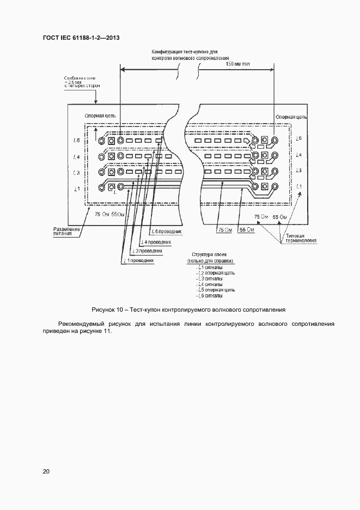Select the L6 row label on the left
(x=77, y=141)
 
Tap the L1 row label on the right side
(x=298, y=186)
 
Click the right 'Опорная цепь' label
(x=291, y=117)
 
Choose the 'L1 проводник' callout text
(x=139, y=260)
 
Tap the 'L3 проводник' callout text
(x=147, y=251)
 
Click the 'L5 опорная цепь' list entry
(x=216, y=290)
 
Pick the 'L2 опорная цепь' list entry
(x=216, y=272)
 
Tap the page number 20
(x=46, y=471)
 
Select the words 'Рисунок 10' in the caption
(x=109, y=309)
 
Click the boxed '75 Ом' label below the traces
(x=224, y=230)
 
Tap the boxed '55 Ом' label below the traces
(x=247, y=230)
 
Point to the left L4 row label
(x=77, y=157)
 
